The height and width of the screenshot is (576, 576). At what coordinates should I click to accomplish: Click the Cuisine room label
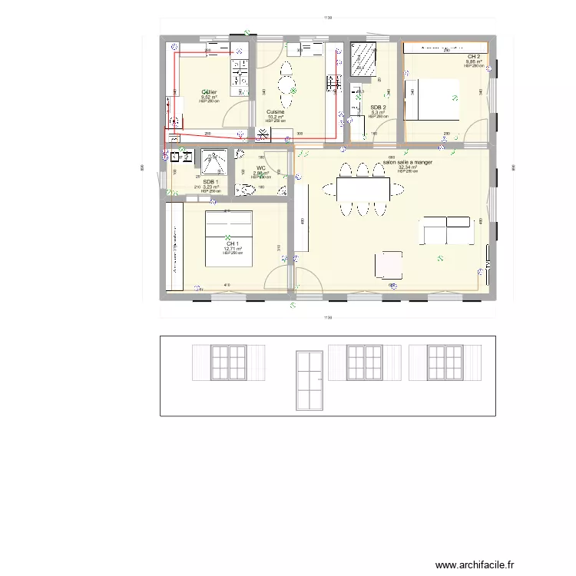click(276, 112)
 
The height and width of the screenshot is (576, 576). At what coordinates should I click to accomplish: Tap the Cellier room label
click(210, 93)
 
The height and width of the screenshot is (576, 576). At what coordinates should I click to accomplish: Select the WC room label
click(261, 167)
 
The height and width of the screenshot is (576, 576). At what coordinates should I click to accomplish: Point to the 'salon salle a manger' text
click(407, 162)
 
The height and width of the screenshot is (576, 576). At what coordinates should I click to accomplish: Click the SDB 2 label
click(378, 108)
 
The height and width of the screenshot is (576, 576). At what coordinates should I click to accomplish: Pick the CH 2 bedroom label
click(474, 57)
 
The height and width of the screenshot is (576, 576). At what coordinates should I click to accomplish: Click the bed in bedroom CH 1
click(228, 239)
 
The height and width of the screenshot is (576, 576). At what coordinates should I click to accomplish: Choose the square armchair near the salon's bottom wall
click(388, 264)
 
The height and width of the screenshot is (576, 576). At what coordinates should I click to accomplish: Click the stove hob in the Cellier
click(238, 72)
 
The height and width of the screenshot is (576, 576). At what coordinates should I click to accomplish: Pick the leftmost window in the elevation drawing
click(227, 362)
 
